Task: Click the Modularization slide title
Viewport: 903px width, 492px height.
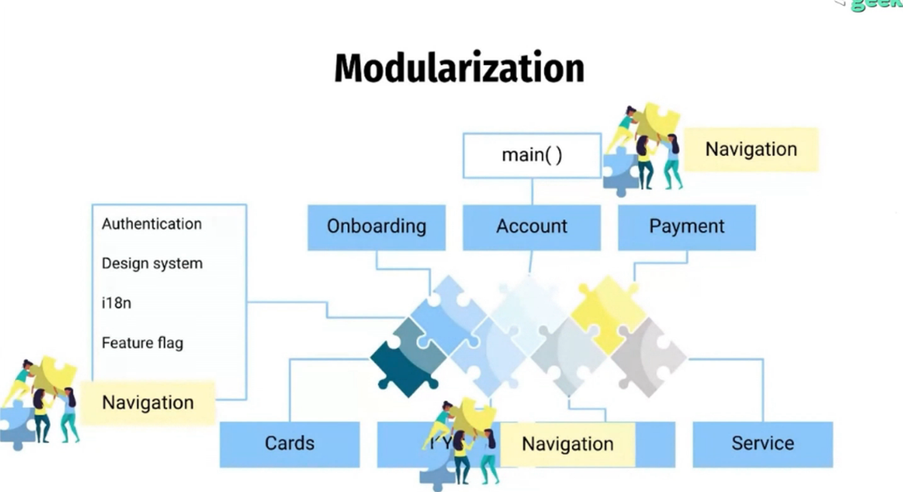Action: (458, 69)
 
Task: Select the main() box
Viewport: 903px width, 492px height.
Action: (531, 154)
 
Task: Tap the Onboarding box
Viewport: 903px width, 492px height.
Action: (376, 227)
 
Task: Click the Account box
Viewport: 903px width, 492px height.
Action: (531, 227)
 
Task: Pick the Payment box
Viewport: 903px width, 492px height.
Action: (686, 227)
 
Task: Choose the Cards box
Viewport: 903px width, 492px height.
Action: (289, 444)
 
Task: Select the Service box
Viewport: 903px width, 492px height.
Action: (762, 444)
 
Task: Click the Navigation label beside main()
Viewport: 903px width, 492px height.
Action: (750, 149)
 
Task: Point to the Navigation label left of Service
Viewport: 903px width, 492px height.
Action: (567, 444)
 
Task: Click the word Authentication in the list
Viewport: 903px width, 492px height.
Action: (152, 224)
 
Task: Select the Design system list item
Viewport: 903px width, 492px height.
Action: (152, 263)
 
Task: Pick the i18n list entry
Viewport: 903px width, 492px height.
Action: (116, 304)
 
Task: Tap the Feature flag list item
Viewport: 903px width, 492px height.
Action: (142, 343)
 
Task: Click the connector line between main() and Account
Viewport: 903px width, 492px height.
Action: (531, 192)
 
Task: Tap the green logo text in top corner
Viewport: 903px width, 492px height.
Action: (877, 5)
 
